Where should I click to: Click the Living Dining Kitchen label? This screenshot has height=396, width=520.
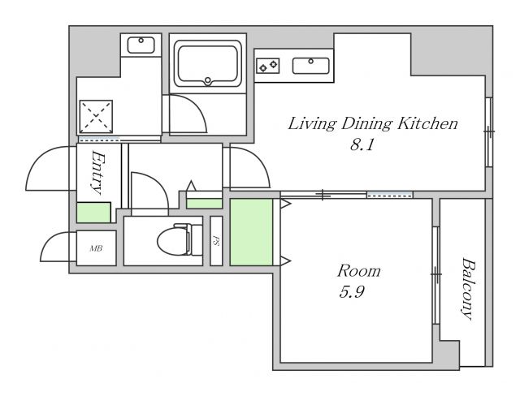click(373, 124)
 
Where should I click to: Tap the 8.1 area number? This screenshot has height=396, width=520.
click(362, 144)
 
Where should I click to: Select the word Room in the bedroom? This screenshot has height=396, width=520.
click(359, 271)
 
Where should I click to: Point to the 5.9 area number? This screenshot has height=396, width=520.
click(352, 292)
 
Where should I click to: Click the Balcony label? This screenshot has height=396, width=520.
click(469, 289)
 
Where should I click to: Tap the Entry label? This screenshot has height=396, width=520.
click(97, 173)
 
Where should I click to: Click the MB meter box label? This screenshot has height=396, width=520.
click(96, 248)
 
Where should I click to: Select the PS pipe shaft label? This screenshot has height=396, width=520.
click(216, 241)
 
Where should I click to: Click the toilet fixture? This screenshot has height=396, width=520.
click(180, 239)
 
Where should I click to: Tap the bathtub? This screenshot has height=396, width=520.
click(208, 63)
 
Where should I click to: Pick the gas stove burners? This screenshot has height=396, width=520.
click(267, 66)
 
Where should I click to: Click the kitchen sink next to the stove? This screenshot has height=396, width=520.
click(310, 66)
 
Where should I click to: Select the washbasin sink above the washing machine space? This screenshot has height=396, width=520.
click(141, 45)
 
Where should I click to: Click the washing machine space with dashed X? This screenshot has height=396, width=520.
click(96, 117)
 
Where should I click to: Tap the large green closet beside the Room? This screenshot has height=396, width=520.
click(251, 232)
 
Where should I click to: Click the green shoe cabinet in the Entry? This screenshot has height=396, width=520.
click(93, 213)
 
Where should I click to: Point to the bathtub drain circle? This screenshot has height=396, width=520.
click(208, 80)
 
